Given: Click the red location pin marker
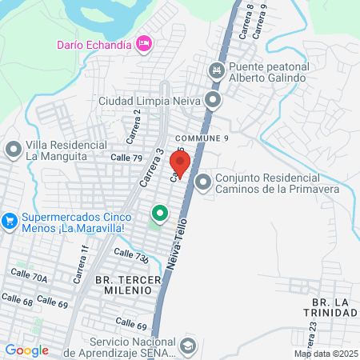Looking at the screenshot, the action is point(180,162).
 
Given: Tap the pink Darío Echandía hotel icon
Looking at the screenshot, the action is point(144,43).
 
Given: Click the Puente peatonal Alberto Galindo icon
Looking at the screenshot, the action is point(215,72).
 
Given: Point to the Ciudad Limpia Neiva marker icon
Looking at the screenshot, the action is point(213,101).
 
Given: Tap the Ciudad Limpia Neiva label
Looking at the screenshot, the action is point(149,102).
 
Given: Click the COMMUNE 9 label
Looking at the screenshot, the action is point(203,138).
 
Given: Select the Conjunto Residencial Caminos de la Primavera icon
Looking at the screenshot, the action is point(203,183).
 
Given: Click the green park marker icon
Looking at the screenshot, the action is point(160,213).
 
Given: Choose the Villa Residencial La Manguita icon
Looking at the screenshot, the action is point(14,150).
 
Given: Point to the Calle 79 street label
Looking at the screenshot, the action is point(126,158).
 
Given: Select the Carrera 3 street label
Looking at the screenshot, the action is point(150,168).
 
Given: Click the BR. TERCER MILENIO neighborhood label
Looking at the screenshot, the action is point(123,285).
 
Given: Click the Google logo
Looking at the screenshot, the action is point(26,350).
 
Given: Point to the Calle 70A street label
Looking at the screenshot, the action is point(29,276).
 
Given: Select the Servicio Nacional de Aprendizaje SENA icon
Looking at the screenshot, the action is point(187,346).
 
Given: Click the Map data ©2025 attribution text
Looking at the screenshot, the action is point(326,354).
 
